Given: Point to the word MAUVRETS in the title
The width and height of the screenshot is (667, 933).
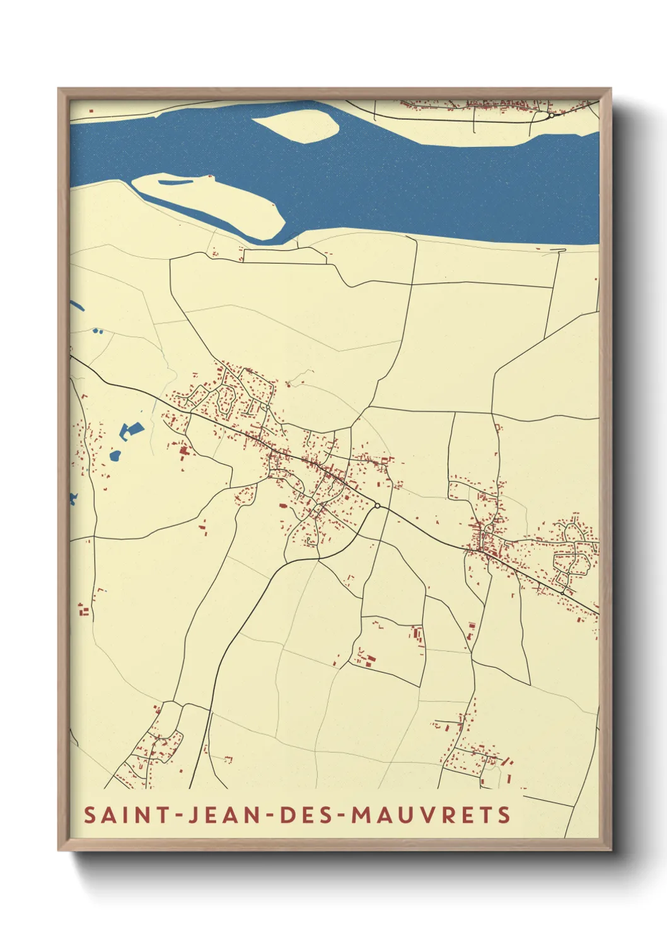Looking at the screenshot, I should click(431, 814).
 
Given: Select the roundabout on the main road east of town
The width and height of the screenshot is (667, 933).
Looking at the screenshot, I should click(377, 506).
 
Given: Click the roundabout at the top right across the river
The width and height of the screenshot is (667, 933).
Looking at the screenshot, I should click(550, 115).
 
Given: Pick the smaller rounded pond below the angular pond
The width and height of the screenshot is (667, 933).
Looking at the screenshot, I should click(115, 455).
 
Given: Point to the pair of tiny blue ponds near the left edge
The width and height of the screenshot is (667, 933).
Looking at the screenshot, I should click(97, 330).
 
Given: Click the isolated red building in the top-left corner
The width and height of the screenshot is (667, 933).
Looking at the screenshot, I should click(91, 112).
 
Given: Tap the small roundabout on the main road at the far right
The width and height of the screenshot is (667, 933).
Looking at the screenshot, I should click(562, 593).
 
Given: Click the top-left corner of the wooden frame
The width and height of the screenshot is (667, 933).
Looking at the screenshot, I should click(59, 90).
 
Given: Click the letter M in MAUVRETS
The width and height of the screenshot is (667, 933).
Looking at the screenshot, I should click(361, 814).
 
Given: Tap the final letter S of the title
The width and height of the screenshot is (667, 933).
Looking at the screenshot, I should click(504, 814).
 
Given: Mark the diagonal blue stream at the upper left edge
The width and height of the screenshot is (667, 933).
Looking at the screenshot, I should click(76, 305).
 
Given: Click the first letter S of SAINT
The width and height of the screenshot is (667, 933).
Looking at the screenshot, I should click(90, 814).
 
